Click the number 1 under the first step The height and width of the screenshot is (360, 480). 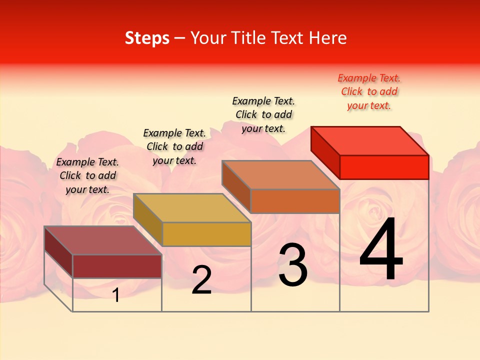[116, 295]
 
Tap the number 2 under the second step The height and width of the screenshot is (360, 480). [201, 280]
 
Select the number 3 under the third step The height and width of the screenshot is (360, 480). [292, 265]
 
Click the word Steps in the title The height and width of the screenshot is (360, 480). [147, 38]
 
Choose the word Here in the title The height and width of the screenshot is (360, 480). [327, 38]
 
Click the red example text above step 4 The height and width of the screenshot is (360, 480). [369, 91]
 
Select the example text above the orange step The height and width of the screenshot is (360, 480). [263, 114]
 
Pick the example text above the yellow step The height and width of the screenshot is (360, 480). [174, 146]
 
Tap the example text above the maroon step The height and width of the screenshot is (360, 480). [87, 175]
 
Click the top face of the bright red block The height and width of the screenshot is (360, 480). [370, 140]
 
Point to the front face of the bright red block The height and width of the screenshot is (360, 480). [384, 167]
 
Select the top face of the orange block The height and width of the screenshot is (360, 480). [280, 175]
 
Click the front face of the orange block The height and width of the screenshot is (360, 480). [295, 201]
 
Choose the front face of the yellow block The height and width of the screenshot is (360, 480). [206, 234]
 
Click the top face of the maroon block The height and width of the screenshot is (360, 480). [103, 240]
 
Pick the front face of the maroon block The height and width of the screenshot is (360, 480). [117, 266]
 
